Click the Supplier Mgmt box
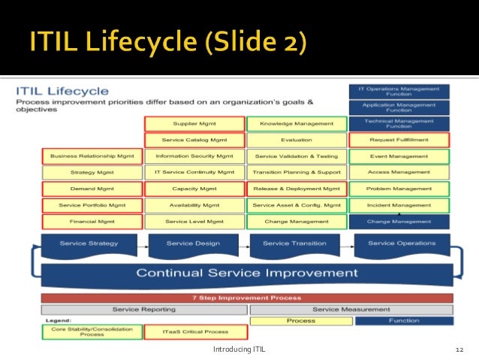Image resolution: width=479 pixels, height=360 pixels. (194, 124)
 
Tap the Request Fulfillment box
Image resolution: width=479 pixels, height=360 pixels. (399, 140)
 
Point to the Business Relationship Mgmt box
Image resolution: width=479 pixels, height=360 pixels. (92, 156)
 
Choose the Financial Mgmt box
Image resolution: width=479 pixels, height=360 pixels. (92, 222)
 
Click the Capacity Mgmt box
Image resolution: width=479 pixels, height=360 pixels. (194, 189)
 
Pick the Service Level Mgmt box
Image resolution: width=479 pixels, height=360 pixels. (194, 222)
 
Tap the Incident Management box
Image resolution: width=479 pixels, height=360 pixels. (399, 205)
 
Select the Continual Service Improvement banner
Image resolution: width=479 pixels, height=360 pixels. (246, 273)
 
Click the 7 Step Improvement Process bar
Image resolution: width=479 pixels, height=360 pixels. (246, 298)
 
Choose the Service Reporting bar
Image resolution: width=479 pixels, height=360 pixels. (143, 309)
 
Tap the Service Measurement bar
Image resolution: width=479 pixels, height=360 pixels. (351, 309)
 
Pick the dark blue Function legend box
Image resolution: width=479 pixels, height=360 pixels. (403, 321)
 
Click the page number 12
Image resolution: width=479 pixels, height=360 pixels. (460, 349)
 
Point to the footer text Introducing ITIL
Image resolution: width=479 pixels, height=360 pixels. (239, 349)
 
